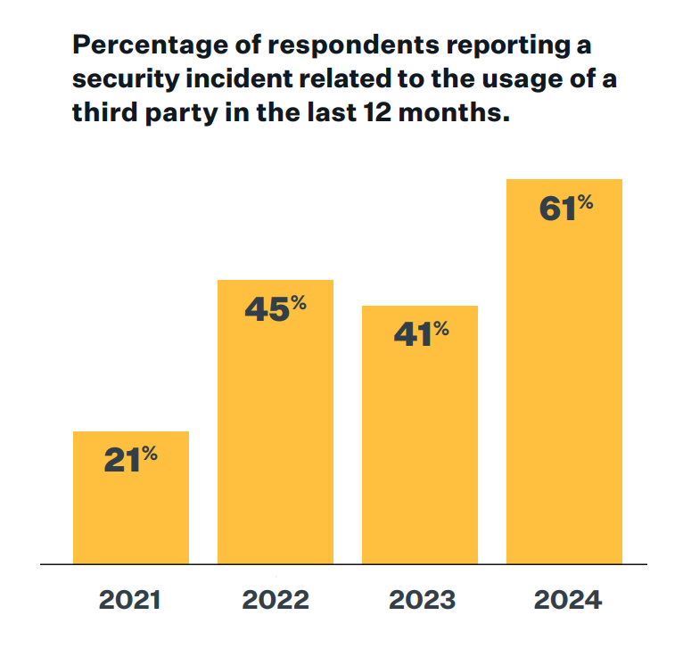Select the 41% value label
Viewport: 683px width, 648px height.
(420, 334)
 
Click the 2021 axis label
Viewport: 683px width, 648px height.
(130, 600)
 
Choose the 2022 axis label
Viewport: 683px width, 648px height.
(276, 600)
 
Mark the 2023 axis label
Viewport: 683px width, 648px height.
(420, 600)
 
